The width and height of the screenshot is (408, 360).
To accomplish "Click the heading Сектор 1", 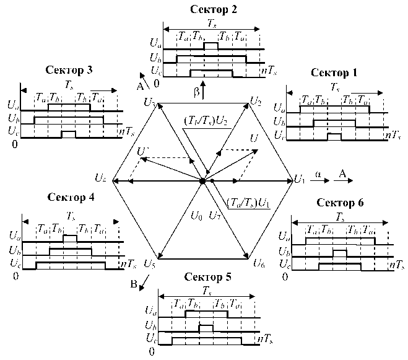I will coord(335,72).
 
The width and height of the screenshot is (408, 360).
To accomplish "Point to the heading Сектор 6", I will coord(340,203).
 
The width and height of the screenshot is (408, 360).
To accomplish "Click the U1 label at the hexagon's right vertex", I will coord(300,180).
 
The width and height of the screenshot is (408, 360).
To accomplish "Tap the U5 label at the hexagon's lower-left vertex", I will coord(149,263).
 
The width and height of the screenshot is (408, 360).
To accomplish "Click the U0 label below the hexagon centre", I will coord(197,216).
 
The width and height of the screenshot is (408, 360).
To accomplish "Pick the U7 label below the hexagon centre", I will coord(215,216).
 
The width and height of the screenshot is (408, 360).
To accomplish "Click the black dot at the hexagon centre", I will coord(202,180).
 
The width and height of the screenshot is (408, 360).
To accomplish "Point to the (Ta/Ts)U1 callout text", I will coord(248,203).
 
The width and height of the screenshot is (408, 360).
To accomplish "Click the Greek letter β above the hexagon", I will coord(197,92).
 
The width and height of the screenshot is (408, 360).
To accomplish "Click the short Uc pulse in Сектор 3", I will coord(69,134).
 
